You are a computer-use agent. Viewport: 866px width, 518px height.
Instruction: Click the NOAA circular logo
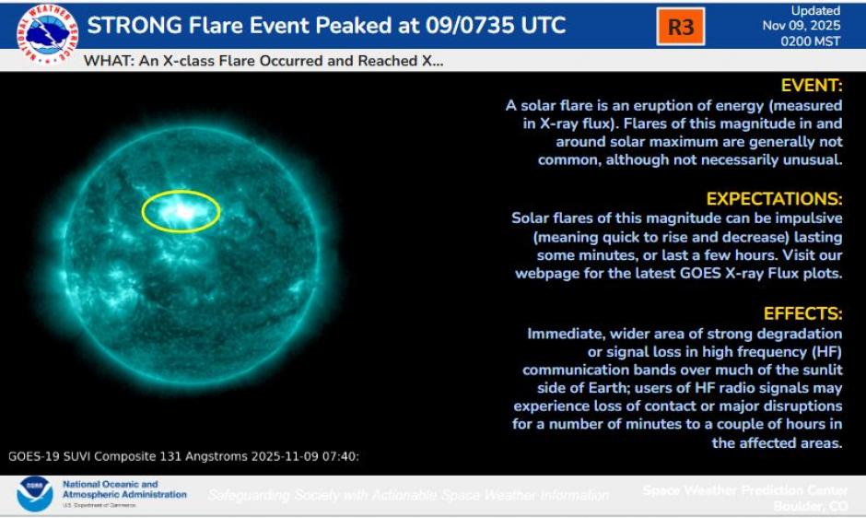35,495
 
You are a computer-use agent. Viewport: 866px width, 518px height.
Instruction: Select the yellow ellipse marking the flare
181,211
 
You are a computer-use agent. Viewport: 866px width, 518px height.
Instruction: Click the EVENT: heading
812,86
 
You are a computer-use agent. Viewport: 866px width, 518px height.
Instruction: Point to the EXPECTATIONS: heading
774,199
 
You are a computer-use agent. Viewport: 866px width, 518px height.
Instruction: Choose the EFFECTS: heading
802,313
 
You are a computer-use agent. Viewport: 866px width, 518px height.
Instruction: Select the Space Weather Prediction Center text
746,489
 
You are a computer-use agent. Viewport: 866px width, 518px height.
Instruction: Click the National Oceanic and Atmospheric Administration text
124,489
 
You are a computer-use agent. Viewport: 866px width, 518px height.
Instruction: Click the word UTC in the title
535,25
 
